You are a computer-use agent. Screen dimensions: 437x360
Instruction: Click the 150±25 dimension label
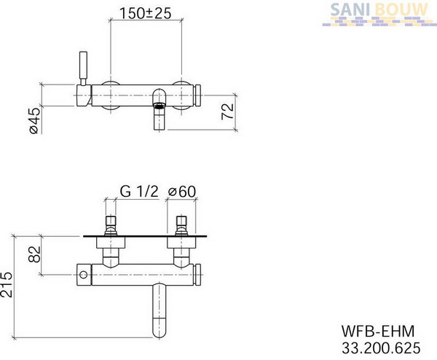point(145,13)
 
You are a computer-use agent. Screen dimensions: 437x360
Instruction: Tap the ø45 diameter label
point(35,120)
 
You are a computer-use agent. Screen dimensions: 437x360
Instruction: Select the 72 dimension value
point(228,111)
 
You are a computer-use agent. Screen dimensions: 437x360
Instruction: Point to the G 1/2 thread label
point(139,191)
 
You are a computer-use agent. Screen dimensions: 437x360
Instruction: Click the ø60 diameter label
point(182,191)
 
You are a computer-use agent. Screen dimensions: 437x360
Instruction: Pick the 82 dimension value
point(35,254)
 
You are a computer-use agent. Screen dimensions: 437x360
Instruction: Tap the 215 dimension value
point(7,284)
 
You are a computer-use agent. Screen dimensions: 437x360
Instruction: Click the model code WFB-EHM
point(378,332)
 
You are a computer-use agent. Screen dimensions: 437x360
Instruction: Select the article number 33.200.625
point(381,348)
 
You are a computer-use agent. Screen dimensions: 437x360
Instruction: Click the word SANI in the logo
point(350,9)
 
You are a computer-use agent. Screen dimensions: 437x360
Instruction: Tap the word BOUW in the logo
point(401,9)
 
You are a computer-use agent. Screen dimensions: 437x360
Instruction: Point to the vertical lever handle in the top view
point(83,68)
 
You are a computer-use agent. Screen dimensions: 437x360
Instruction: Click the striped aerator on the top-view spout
point(159,106)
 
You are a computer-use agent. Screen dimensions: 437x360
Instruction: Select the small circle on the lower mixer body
point(83,275)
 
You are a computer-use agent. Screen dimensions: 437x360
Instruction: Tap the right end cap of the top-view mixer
point(198,95)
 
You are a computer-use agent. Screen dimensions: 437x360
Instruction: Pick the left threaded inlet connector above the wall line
point(111,225)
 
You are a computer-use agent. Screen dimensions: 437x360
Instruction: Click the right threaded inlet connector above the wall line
point(181,225)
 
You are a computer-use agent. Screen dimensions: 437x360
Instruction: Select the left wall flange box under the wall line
point(111,243)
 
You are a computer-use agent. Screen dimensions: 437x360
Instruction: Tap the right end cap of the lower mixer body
point(198,275)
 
